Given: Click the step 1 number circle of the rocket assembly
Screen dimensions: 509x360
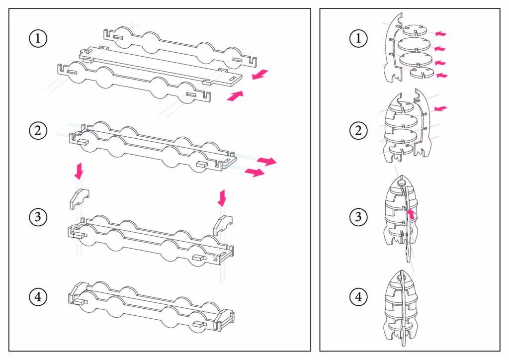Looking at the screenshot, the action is tap(358, 38).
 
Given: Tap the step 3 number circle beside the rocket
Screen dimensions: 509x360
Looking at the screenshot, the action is tap(358, 216).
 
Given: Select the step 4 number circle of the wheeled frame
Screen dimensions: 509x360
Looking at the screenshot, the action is tap(38, 297).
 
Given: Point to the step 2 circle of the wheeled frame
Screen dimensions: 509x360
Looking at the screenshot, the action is tap(38, 130).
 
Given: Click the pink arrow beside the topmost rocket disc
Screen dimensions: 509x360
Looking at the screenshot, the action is tap(440, 33).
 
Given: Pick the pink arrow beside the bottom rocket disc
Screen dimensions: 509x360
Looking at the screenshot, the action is tap(442, 75).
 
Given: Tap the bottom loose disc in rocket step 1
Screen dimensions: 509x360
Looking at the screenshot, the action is tap(422, 73).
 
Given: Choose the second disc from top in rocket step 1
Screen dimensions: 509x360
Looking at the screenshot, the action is tap(414, 44).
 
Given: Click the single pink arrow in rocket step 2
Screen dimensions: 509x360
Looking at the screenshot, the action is tap(440, 108).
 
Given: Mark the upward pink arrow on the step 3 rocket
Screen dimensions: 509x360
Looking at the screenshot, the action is tap(411, 214).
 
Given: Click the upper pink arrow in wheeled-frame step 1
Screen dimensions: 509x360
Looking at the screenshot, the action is tap(260, 75).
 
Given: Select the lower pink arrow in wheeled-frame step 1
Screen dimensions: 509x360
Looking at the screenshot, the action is tap(235, 96).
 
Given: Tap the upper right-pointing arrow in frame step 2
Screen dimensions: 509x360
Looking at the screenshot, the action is tap(266, 161).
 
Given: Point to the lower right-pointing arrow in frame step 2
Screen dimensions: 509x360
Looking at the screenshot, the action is tap(254, 173).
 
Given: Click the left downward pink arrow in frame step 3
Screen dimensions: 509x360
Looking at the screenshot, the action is tap(79, 171).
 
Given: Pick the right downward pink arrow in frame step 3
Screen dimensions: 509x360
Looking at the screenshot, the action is tap(222, 198).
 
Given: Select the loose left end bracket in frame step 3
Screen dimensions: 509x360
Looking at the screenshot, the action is tap(79, 198).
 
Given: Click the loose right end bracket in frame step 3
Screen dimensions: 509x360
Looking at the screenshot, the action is tap(222, 225).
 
